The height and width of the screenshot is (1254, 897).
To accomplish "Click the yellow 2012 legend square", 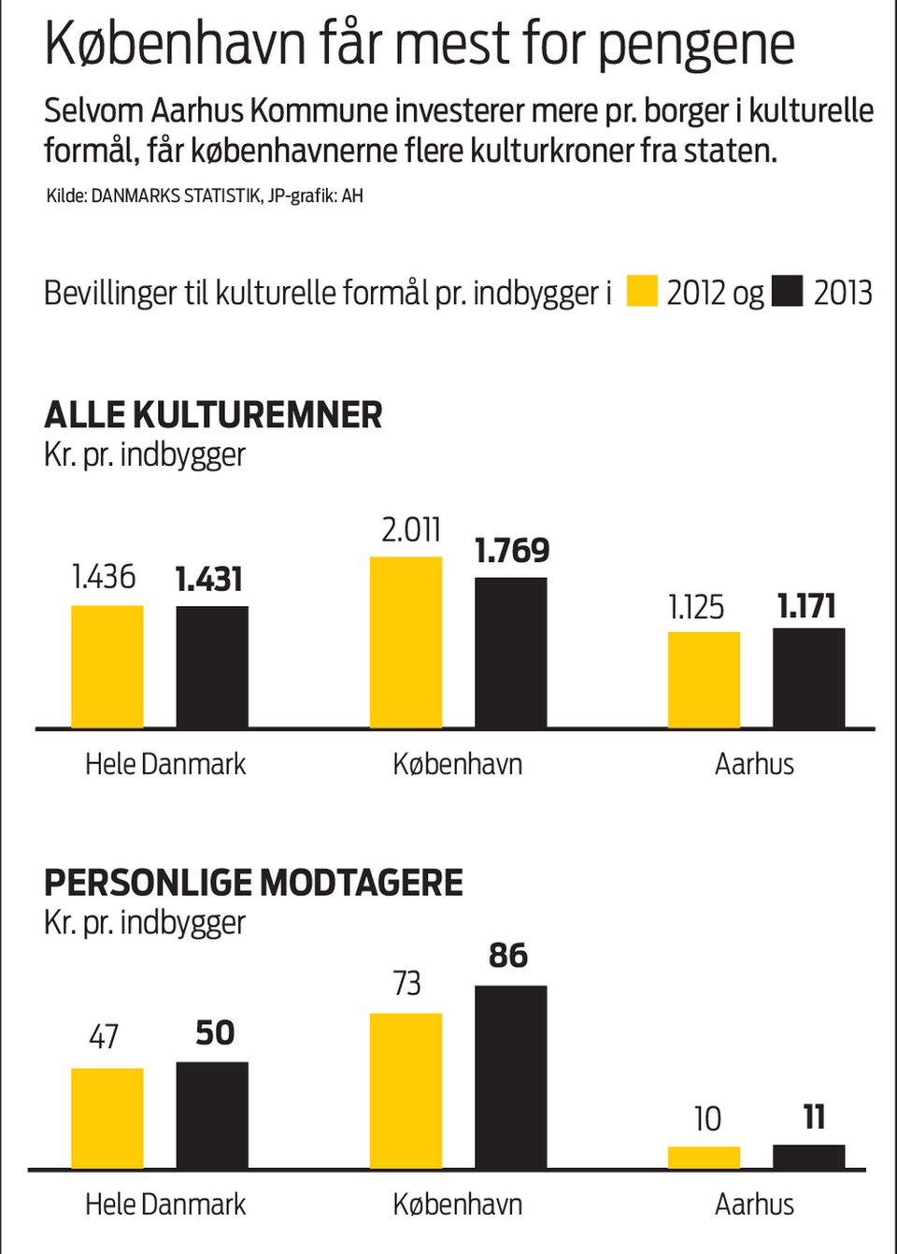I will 642,291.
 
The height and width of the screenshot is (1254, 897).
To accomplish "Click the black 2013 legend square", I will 788,291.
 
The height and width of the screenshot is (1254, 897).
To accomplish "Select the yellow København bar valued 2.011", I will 406,642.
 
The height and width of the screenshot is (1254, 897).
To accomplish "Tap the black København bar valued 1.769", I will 511,653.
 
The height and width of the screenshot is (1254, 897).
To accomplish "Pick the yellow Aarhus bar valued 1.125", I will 704,680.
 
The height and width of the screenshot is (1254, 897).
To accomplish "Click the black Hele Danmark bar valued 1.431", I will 212,667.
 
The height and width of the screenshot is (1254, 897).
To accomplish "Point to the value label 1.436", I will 104,577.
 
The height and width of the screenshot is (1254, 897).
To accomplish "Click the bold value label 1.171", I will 806,606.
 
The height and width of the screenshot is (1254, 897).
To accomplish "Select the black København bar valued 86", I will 511,1076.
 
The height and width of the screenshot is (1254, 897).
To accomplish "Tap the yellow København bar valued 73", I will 406,1090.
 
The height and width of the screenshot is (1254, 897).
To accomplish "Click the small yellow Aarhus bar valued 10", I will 704,1157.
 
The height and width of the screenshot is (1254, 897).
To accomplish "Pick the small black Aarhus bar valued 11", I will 808,1156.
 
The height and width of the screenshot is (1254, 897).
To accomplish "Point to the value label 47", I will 104,1036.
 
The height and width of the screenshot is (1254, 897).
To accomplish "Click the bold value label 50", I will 215,1032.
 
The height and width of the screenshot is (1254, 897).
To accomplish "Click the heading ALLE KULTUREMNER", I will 213,415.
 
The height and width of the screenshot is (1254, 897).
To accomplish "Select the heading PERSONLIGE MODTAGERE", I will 253,883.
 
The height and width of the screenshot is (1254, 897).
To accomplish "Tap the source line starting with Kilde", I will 205,195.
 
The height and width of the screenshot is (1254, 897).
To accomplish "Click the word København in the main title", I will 176,44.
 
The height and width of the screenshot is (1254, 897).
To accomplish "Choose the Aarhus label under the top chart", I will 754,764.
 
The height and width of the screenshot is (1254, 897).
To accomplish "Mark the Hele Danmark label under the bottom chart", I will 165,1204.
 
